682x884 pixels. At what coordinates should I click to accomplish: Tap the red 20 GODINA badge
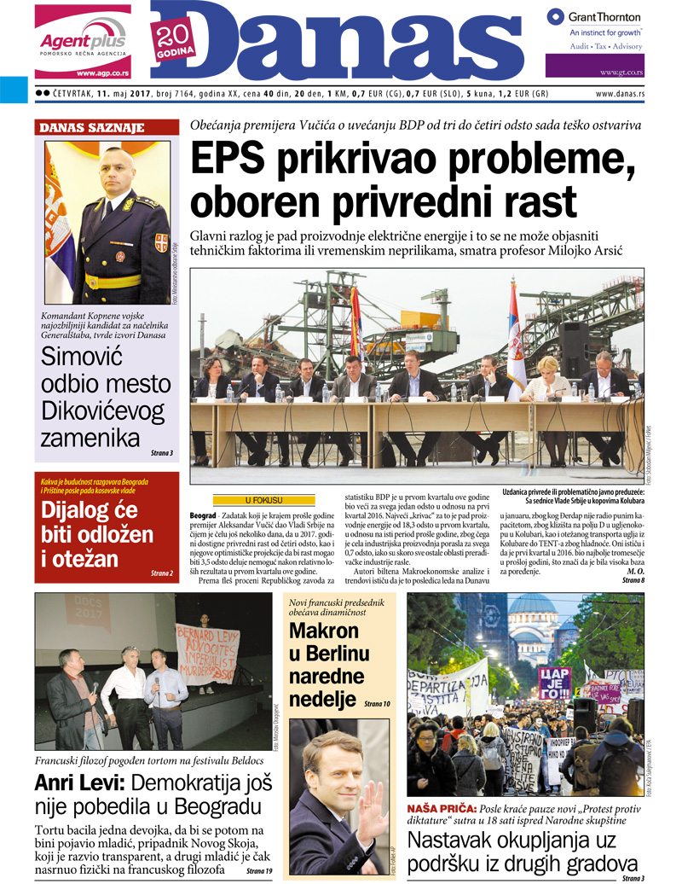tap(175, 41)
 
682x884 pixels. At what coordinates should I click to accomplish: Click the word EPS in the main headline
tap(233, 161)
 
